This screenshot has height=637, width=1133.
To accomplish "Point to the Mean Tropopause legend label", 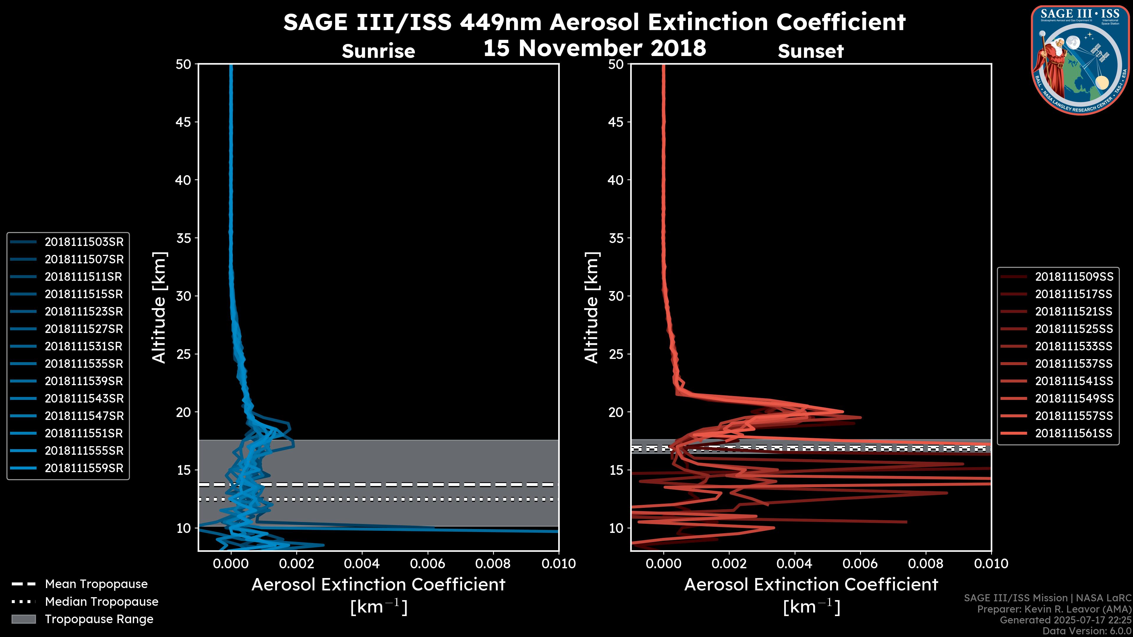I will click(96, 584).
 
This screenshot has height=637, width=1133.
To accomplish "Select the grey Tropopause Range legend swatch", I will click(24, 619).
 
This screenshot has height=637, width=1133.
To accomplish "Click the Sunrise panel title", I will click(378, 51).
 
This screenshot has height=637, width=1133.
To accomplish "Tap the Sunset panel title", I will click(811, 51).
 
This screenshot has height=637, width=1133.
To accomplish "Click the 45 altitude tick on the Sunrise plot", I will click(184, 122).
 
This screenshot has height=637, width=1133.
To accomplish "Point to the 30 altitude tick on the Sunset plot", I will click(616, 296).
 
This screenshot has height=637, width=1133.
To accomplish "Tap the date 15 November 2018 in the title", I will click(595, 48).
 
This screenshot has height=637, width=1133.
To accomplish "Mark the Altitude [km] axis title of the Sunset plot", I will click(592, 307).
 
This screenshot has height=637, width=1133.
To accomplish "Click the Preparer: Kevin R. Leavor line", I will click(1054, 609).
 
